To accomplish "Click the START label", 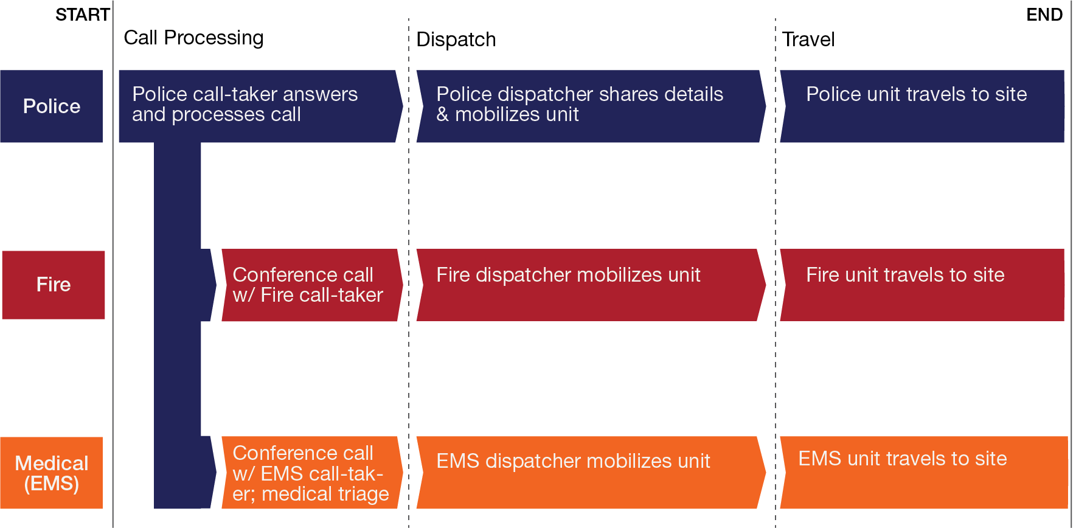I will pos(82,15).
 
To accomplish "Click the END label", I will pos(1044,15).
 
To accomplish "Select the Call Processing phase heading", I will pos(193,38).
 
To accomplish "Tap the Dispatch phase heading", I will pos(456,40).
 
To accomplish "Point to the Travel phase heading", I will pos(808,40).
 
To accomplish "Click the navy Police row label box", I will pos(52,106).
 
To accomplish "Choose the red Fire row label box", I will pos(54,285).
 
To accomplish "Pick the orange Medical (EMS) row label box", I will pos(52,473).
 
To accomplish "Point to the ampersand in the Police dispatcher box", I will pos(443,114).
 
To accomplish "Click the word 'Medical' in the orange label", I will pos(52,464).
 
